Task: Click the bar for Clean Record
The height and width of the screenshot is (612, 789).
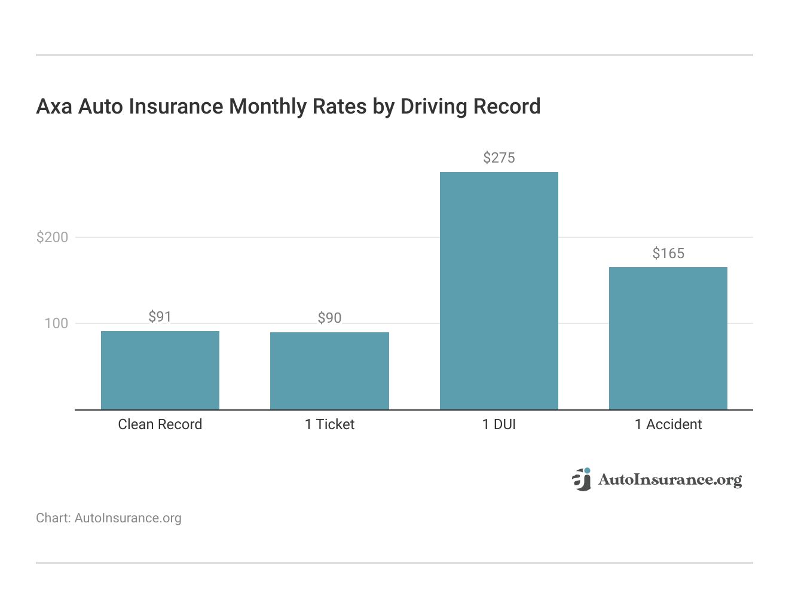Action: click(x=160, y=371)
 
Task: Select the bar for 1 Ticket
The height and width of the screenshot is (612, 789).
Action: click(x=329, y=371)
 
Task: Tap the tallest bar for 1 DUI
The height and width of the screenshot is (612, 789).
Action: click(x=499, y=291)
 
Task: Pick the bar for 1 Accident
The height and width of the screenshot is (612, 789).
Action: click(x=668, y=338)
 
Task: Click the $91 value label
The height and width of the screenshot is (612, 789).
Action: click(x=160, y=317)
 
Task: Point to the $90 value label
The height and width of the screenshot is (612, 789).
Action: click(x=329, y=318)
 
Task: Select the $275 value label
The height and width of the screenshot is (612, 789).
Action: click(x=499, y=158)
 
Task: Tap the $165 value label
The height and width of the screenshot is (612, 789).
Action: click(x=668, y=253)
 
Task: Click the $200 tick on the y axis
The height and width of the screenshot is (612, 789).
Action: click(x=53, y=237)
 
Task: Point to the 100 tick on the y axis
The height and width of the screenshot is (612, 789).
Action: click(x=56, y=323)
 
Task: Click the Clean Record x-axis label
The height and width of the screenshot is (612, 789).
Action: click(x=160, y=424)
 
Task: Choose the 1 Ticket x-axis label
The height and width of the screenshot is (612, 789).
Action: click(x=329, y=424)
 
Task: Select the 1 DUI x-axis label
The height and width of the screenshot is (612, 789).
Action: click(x=499, y=424)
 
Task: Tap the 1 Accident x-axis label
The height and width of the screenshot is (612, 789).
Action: click(x=668, y=424)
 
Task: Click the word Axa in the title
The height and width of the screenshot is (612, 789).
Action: click(x=54, y=106)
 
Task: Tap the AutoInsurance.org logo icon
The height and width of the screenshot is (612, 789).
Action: click(x=581, y=479)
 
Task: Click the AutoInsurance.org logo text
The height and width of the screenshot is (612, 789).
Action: click(x=669, y=480)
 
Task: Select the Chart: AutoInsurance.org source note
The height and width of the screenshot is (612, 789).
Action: click(x=109, y=518)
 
